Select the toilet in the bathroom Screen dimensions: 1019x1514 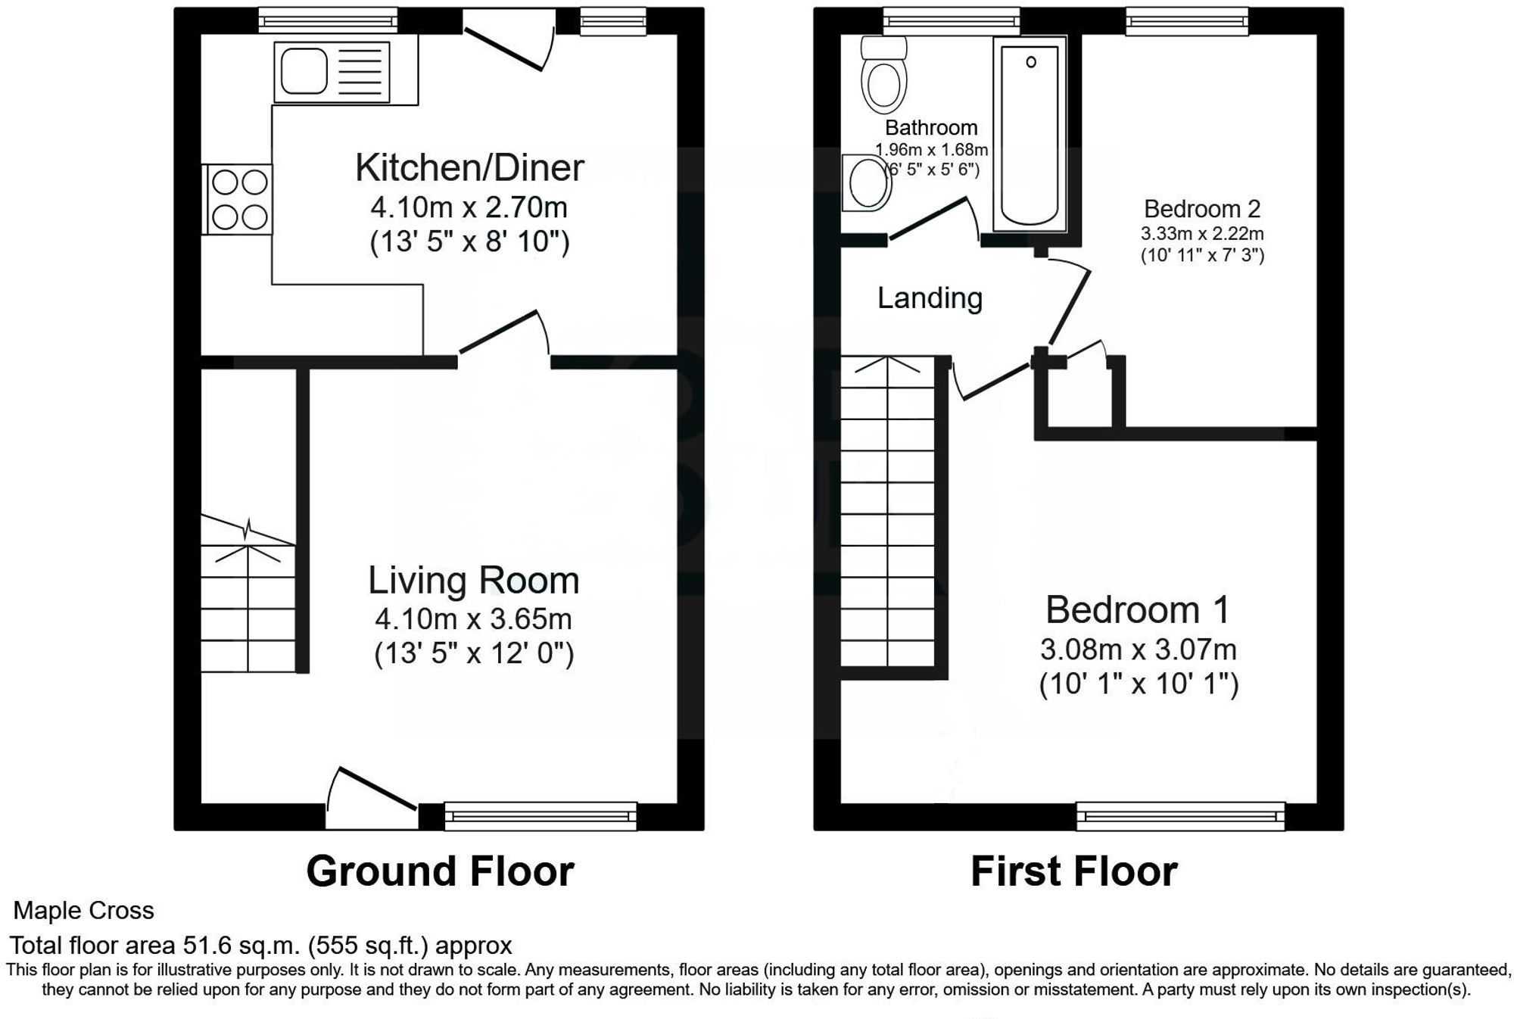[x=883, y=76]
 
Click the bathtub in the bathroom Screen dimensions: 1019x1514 [x=1030, y=136]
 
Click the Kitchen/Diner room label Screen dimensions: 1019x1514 [x=469, y=168]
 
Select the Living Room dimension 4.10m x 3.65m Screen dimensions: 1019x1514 [x=473, y=619]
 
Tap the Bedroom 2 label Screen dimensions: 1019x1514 [x=1201, y=209]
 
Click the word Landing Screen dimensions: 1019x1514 [x=930, y=298]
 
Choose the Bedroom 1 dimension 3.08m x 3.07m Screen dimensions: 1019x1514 [x=1138, y=650]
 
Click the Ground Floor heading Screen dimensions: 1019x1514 [x=440, y=871]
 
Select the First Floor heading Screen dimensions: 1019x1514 [x=1073, y=871]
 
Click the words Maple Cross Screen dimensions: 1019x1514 [x=84, y=910]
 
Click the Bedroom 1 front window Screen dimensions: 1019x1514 [x=1180, y=816]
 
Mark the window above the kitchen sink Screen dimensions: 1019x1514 [x=327, y=20]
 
